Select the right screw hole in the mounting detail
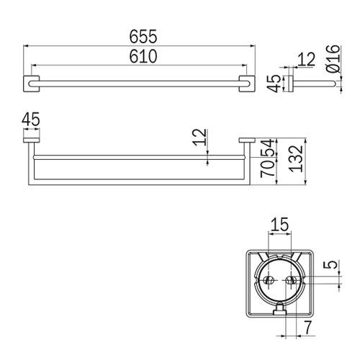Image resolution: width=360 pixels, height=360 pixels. click(292, 279)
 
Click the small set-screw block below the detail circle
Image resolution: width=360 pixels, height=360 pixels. click(279, 310)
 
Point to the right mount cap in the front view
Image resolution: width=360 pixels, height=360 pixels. click(246, 140)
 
